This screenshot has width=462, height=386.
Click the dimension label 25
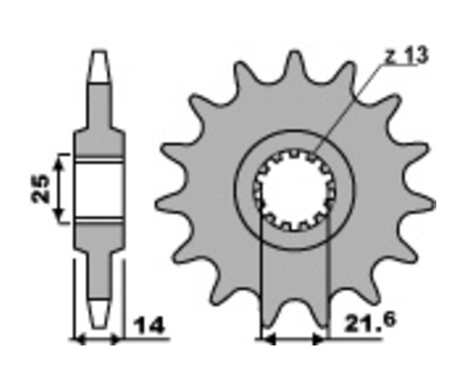[x=40, y=189]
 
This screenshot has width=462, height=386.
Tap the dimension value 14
[x=149, y=325]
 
